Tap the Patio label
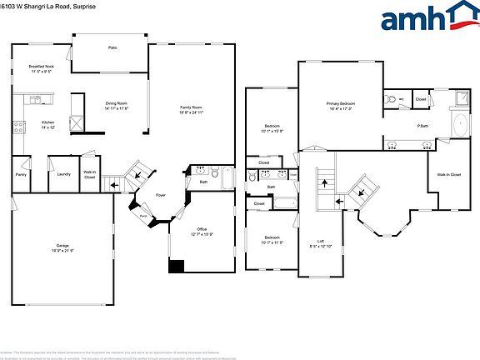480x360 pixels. tap(112, 47)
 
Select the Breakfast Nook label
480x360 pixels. tap(41, 66)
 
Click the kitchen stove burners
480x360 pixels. tap(17, 127)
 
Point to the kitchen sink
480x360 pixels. tap(36, 100)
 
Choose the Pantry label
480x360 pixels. tap(21, 173)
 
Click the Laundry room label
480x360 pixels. tap(63, 173)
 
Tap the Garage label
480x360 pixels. tap(62, 246)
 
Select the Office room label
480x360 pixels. tap(202, 228)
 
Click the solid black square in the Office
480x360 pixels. tap(176, 266)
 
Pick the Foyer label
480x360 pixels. tap(161, 197)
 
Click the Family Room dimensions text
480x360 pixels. tap(192, 112)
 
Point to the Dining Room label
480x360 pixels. tap(116, 103)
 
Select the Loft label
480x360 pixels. tap(321, 241)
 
